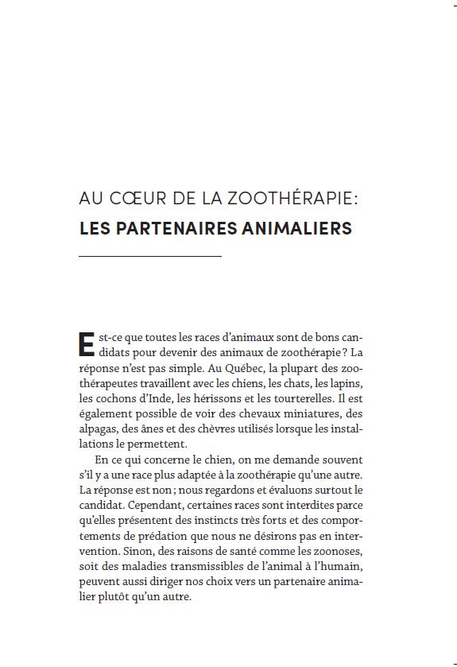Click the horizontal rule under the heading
coord(150,256)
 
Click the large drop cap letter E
coord(88,343)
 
